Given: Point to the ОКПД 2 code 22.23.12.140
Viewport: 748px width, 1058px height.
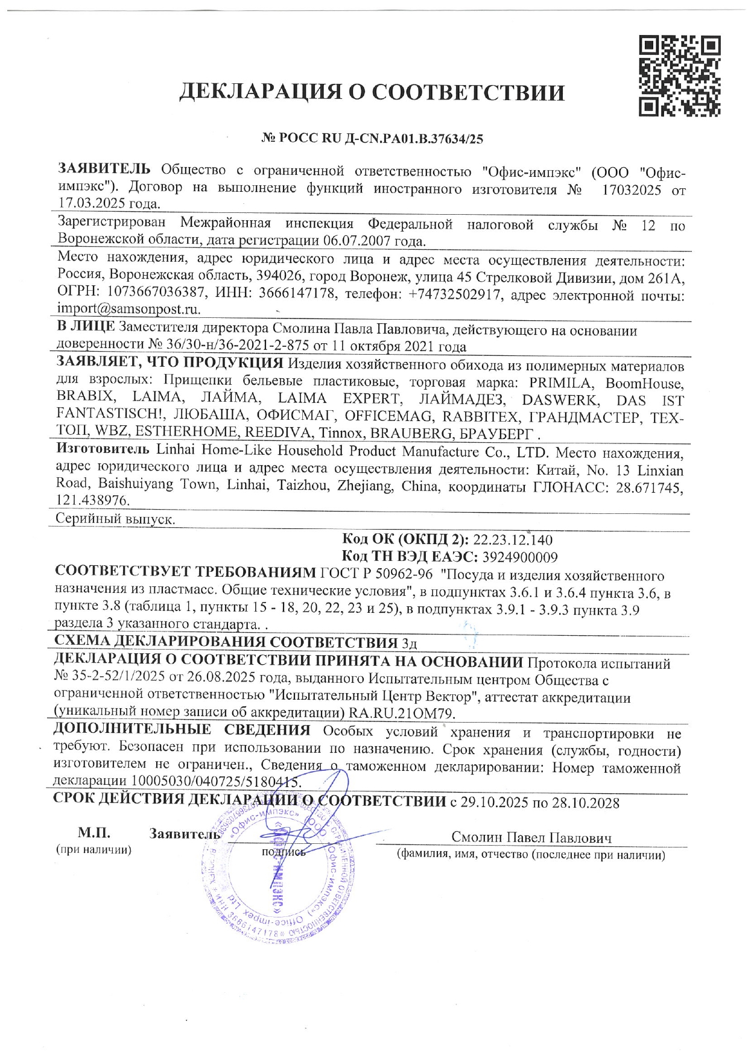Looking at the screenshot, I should click(513, 539).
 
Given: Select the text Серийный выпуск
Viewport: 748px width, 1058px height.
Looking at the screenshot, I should click(115, 519).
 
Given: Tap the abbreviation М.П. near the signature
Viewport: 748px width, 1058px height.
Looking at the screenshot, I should click(93, 834).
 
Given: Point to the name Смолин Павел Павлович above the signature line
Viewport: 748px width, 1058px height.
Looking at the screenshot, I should click(531, 838).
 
